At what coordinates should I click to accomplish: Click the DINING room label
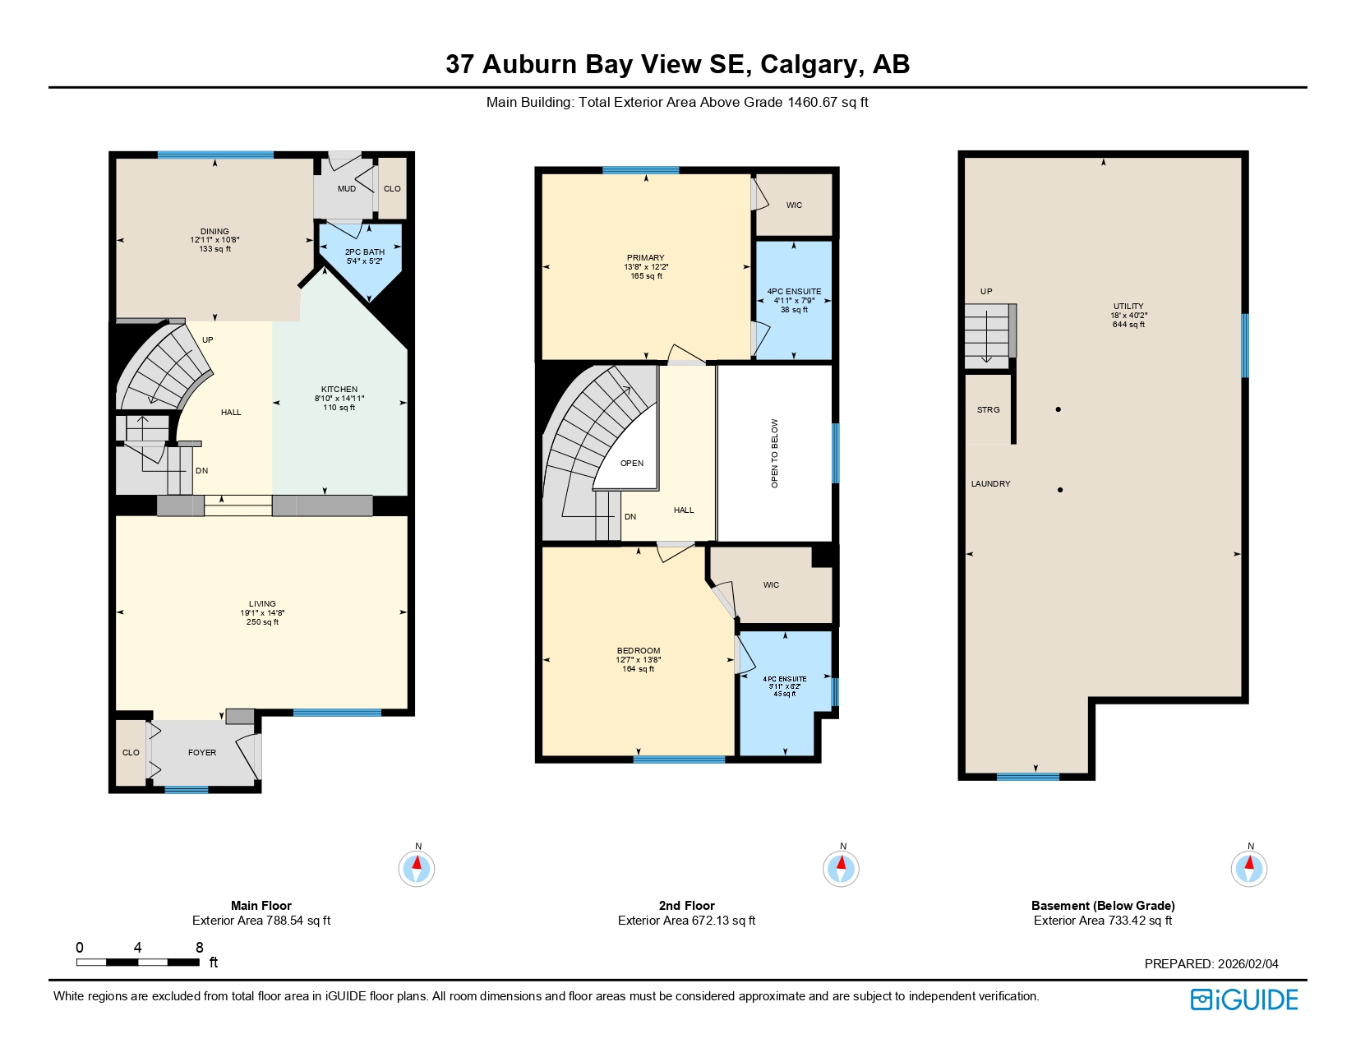tap(214, 232)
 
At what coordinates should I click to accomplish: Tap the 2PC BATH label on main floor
tap(365, 252)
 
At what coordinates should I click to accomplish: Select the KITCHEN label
tap(339, 390)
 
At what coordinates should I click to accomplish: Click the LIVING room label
tap(262, 604)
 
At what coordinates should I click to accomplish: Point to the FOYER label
tap(202, 753)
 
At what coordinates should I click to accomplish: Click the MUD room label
tap(347, 189)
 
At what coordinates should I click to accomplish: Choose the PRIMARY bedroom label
tap(646, 258)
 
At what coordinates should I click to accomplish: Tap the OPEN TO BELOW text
tap(774, 454)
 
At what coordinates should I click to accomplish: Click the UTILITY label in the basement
tap(1128, 307)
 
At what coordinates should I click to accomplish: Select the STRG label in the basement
tap(989, 410)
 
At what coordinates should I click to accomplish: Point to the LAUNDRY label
tap(991, 484)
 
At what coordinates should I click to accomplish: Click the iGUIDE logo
tap(1244, 1000)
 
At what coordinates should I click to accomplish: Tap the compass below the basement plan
tap(1249, 869)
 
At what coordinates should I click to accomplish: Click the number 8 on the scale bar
tap(200, 948)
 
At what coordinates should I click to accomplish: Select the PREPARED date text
tap(1211, 964)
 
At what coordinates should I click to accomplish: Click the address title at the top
tap(677, 64)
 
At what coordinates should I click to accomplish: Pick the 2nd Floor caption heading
tap(686, 906)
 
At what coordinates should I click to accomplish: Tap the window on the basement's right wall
tap(1245, 345)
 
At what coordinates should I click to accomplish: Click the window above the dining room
tap(215, 155)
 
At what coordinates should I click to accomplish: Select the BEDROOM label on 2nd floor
tap(639, 651)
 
